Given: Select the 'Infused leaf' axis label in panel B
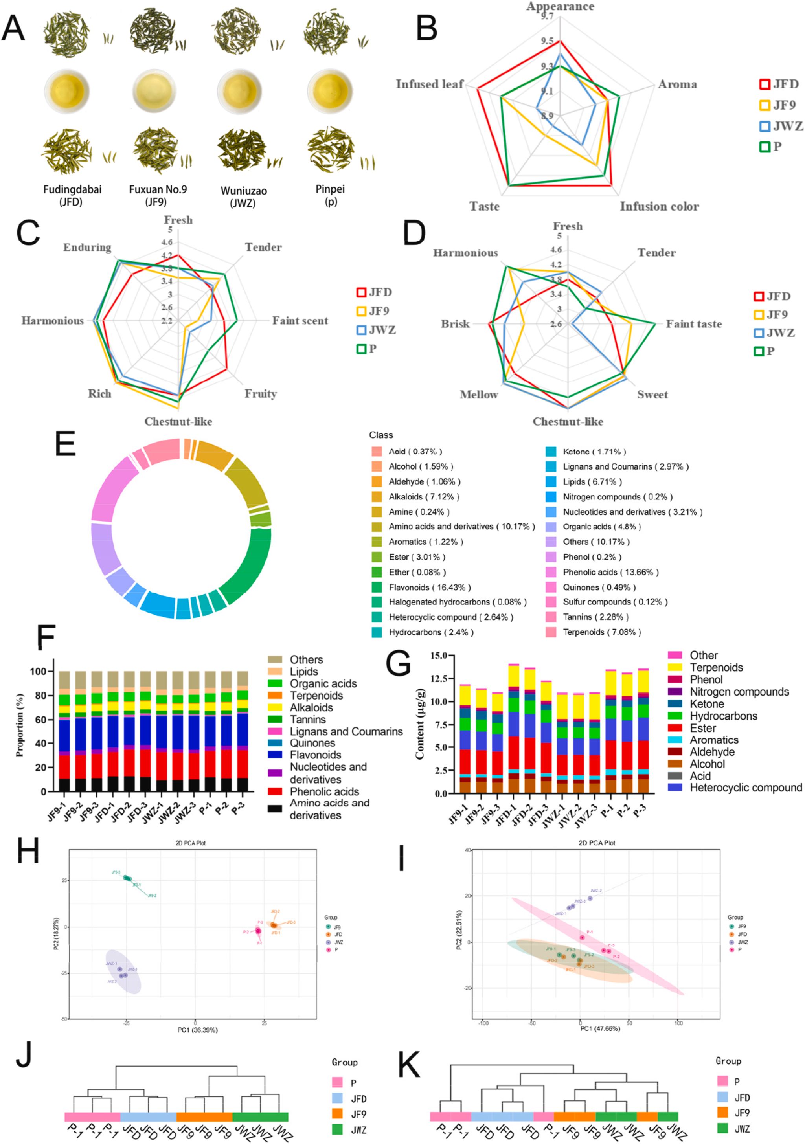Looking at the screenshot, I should (x=430, y=84).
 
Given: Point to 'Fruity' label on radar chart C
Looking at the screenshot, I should (x=260, y=394).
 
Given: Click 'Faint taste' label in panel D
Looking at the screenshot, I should (x=694, y=324).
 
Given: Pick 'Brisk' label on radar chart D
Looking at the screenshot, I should (x=455, y=324).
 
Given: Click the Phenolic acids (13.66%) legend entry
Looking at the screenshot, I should (x=610, y=572).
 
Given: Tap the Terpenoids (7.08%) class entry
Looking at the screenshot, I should (x=601, y=632).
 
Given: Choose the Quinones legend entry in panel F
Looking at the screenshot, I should (x=312, y=743).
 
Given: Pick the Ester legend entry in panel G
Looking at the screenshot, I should (x=703, y=728).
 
